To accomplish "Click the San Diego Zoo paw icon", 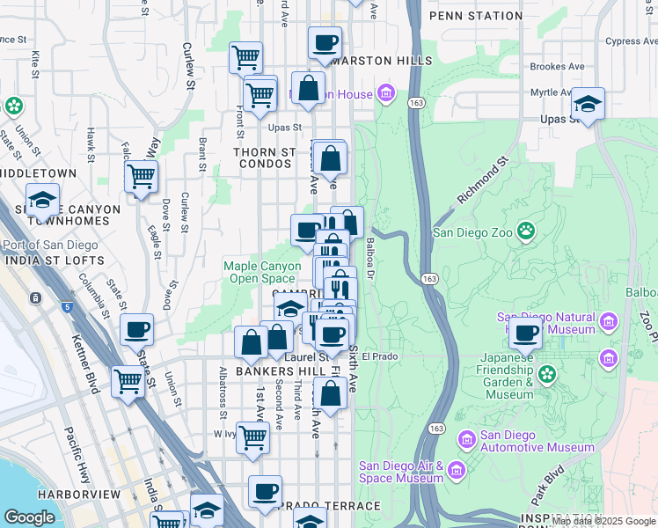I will tap(526, 231).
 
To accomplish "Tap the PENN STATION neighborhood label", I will tap(475, 16).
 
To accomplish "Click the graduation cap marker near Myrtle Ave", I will tap(588, 105).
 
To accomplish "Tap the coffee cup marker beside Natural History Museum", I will tap(526, 334).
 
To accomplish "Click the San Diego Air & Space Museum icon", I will tap(457, 471).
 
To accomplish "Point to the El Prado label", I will tap(380, 357).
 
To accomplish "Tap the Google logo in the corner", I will tap(30, 517).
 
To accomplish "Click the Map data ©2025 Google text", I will tap(603, 521).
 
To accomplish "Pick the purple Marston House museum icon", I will tap(385, 92).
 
